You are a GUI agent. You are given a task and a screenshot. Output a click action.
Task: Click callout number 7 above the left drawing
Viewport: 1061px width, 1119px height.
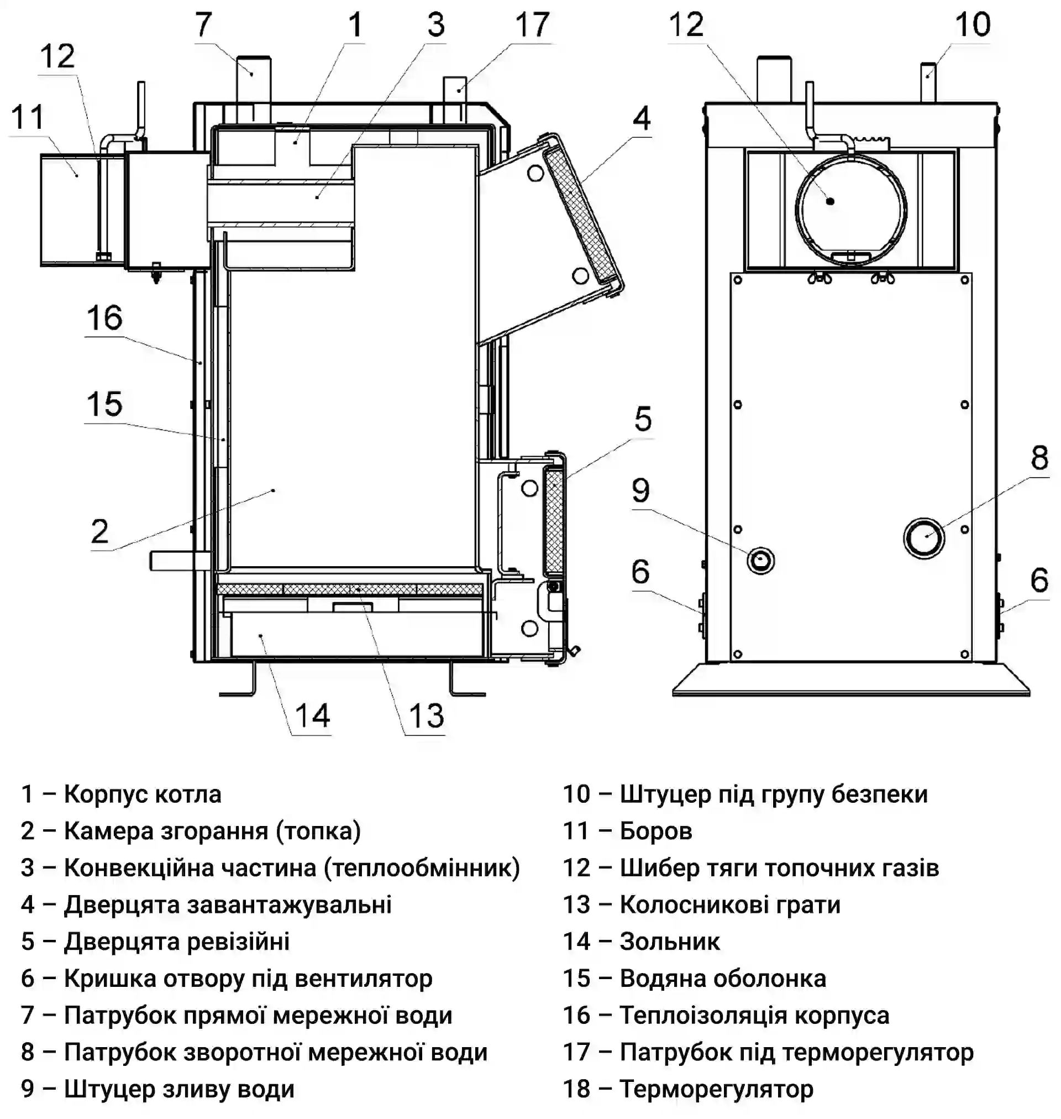(x=203, y=25)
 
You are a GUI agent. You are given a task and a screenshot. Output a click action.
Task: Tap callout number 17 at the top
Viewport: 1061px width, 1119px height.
(x=532, y=25)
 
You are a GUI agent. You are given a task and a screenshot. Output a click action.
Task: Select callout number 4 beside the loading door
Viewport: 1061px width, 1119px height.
(x=642, y=119)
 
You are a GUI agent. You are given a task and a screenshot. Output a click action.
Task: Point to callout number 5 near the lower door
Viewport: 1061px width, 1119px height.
(x=643, y=419)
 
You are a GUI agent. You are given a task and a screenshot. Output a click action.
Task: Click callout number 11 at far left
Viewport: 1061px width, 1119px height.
(x=27, y=117)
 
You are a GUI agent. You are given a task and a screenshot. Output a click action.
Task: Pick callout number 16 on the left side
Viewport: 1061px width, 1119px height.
(x=104, y=318)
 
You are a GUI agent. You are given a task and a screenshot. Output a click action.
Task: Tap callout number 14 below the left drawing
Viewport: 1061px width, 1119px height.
(x=312, y=715)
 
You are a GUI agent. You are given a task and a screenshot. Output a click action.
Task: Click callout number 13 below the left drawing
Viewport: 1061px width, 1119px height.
(x=427, y=715)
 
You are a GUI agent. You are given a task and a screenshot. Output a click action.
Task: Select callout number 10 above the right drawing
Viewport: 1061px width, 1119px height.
(x=973, y=25)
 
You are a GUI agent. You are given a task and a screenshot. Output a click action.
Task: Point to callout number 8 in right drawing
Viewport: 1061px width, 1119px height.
(x=1039, y=458)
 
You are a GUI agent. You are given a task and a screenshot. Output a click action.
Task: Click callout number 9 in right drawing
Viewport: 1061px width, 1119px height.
(x=641, y=490)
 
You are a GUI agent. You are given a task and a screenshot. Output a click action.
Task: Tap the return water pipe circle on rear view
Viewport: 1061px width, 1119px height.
(x=923, y=537)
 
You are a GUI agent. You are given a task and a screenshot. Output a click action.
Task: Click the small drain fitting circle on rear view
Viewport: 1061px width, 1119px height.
(x=761, y=561)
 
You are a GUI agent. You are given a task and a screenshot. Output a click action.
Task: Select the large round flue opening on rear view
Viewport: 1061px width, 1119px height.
(x=850, y=210)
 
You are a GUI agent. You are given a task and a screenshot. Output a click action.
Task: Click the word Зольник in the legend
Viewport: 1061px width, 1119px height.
(x=670, y=942)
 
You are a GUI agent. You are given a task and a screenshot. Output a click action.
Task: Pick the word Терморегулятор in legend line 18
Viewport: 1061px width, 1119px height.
(x=717, y=1089)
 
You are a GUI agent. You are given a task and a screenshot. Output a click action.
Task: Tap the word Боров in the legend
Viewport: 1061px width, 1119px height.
(x=656, y=832)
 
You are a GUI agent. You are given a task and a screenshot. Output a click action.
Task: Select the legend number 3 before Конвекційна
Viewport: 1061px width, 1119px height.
(x=28, y=869)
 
